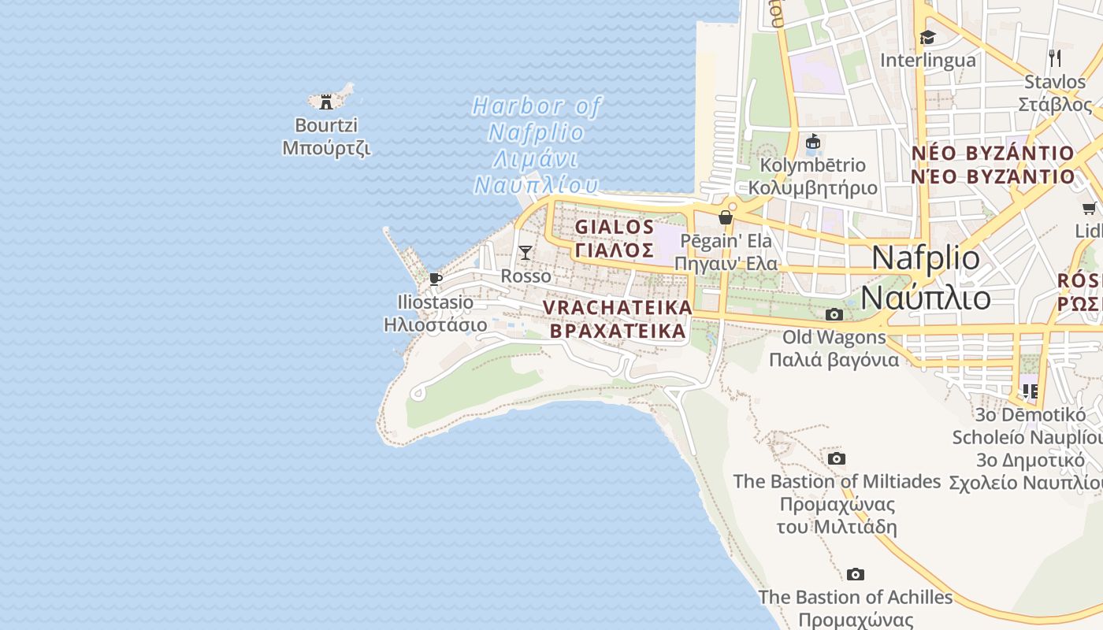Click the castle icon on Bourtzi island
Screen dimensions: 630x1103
[x=326, y=102]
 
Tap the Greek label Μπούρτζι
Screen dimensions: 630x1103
[x=326, y=148]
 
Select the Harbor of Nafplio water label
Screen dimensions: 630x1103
[x=536, y=146]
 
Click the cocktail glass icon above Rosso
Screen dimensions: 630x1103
[x=526, y=253]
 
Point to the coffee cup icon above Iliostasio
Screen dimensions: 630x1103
[x=435, y=279]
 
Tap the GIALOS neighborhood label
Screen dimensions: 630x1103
[x=615, y=228]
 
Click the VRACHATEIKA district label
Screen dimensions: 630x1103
[x=618, y=308]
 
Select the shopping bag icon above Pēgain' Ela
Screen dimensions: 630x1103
[x=726, y=217]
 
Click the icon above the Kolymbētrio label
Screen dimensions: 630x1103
[x=812, y=142]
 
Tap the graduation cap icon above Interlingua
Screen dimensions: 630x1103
[x=927, y=37]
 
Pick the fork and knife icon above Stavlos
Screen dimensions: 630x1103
[x=1055, y=57]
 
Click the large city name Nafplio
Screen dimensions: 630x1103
[x=927, y=258]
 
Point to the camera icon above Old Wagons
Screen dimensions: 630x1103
[x=834, y=315]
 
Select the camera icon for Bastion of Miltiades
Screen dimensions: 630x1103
[x=837, y=458]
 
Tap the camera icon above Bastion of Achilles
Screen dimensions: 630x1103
[x=856, y=575]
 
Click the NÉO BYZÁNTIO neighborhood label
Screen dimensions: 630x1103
[x=993, y=154]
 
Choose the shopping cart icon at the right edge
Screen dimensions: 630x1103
[x=1089, y=209]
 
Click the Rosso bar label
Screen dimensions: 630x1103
[x=526, y=276]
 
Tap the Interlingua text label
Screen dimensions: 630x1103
[x=927, y=61]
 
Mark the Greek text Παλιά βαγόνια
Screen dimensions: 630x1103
[x=834, y=360]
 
